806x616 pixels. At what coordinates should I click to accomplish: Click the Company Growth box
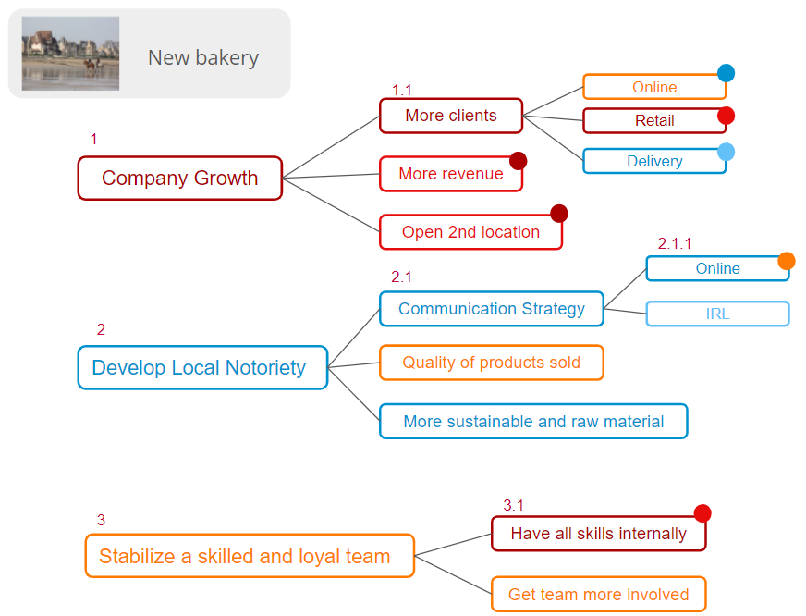[179, 179]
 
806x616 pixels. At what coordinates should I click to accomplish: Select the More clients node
[451, 116]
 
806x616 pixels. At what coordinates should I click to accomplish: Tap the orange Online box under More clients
[654, 87]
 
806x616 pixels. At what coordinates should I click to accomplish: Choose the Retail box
[654, 120]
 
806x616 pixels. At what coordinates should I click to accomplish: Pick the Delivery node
[654, 161]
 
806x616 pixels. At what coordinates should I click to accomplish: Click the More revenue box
[451, 174]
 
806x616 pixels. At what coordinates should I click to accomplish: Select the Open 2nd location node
[470, 232]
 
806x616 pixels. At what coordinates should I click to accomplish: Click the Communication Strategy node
[492, 309]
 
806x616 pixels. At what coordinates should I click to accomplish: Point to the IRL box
[717, 314]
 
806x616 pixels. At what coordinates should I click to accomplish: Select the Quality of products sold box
[492, 363]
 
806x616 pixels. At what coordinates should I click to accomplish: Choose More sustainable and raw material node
[533, 422]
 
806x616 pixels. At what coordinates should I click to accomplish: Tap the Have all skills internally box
[598, 534]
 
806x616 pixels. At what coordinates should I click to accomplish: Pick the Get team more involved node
[598, 595]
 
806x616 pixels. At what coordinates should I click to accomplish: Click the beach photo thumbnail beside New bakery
[70, 53]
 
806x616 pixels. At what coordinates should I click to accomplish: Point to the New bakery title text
[203, 57]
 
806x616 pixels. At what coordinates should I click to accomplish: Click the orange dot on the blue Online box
[787, 261]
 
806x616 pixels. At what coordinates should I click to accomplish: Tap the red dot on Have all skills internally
[702, 513]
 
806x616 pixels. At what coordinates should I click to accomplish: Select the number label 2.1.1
[675, 244]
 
